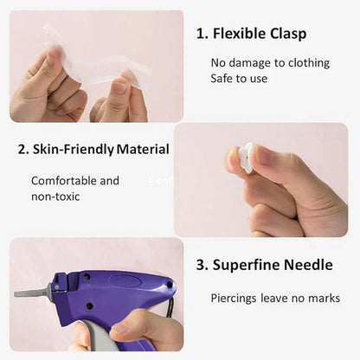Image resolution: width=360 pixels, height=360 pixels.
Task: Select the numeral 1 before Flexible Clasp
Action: [x=201, y=35]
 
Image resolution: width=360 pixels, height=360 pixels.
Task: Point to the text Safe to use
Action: [x=240, y=78]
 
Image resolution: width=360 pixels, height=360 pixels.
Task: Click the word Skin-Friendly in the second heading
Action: [x=73, y=149]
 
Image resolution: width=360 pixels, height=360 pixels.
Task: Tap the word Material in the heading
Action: [x=143, y=149]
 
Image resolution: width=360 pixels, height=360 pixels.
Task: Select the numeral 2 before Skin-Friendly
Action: [x=22, y=149]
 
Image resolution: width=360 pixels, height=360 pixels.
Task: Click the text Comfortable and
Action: [x=75, y=181]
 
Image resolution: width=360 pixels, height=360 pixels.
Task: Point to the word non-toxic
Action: [x=55, y=196]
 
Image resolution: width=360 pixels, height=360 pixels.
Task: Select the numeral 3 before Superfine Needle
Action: [x=201, y=265]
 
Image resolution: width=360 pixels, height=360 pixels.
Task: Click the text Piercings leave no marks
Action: [x=275, y=298]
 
